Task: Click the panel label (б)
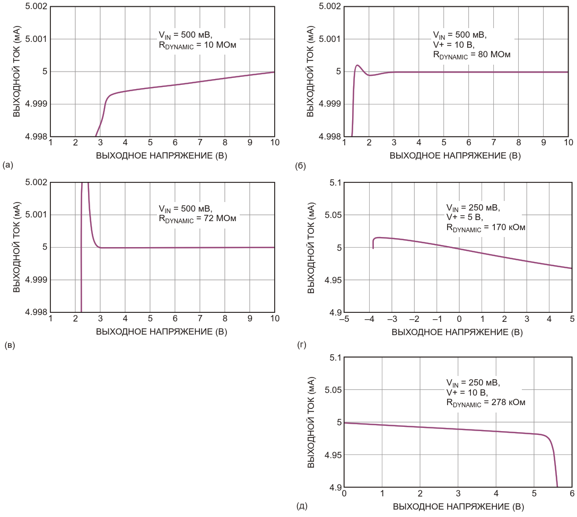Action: (300, 166)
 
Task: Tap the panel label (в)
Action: (8, 345)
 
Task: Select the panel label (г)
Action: (302, 345)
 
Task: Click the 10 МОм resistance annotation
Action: (197, 46)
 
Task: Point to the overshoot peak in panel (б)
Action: (357, 65)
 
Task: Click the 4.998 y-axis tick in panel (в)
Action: (34, 312)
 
